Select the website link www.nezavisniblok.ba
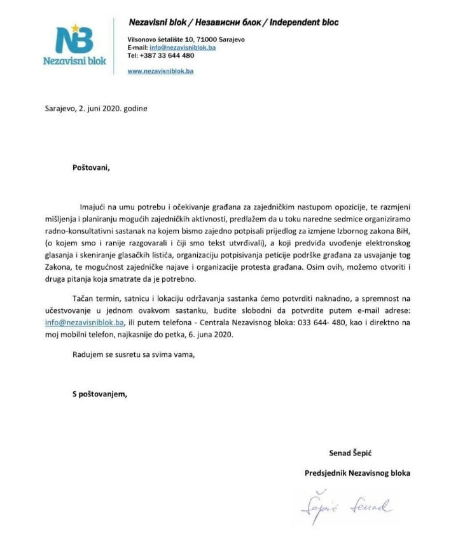click(x=160, y=71)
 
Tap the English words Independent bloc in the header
click(x=304, y=23)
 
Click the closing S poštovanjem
click(x=99, y=394)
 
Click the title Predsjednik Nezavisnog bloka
click(x=357, y=473)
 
